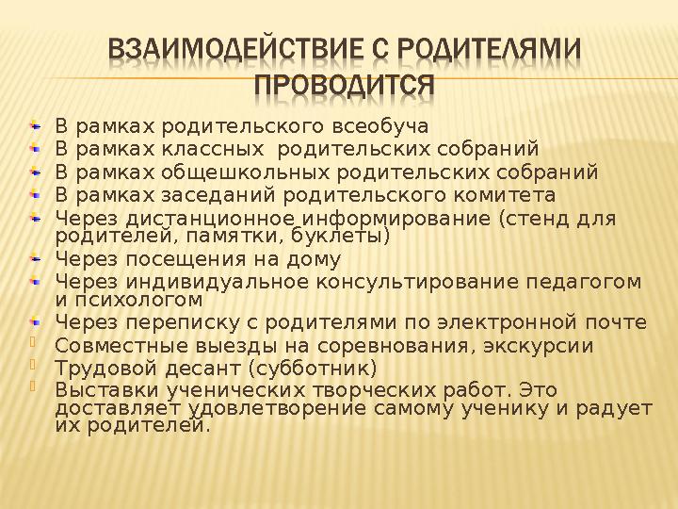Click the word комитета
tap(508, 196)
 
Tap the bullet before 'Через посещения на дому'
tap(35, 257)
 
